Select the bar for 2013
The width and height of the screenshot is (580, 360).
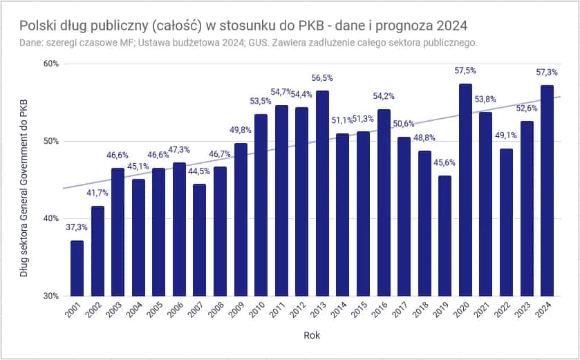323,193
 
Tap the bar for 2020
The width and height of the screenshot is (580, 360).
466,190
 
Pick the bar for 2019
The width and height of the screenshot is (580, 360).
445,236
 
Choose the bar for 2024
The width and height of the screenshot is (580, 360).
548,191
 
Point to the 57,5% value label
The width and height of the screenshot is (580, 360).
466,71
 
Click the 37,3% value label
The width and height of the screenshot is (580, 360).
77,227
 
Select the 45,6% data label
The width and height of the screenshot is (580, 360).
445,162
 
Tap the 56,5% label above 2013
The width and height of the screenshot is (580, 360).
323,78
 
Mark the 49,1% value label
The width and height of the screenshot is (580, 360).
507,135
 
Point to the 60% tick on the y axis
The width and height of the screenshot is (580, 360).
51,64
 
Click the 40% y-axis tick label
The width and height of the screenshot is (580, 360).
51,219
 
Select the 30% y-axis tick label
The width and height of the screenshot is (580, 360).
51,296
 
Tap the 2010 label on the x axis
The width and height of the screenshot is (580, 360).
257,313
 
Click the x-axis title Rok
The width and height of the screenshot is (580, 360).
312,337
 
